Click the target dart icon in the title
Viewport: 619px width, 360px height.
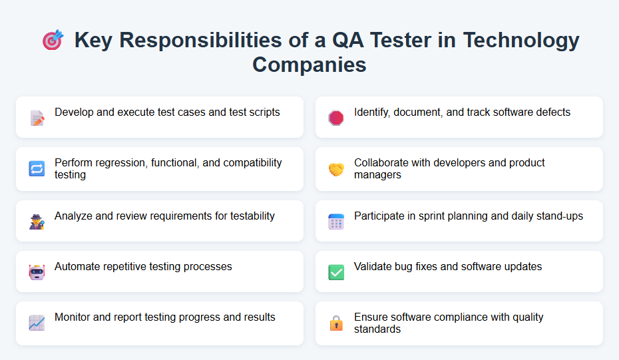tap(53, 41)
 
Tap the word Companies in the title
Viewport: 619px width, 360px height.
tap(309, 65)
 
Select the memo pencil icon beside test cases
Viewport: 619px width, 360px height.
tap(37, 118)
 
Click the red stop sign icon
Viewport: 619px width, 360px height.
tap(336, 118)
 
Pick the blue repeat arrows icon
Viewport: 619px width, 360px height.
tap(37, 169)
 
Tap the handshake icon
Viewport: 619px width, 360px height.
tap(336, 170)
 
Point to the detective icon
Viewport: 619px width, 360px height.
tap(37, 222)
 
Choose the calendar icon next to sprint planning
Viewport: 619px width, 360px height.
tap(336, 222)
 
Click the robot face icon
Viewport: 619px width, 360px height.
tap(37, 272)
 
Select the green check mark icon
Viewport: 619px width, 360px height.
tap(336, 272)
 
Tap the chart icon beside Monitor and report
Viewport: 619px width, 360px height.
tap(37, 323)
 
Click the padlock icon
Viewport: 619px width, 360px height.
tap(336, 323)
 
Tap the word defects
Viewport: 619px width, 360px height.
tap(552, 112)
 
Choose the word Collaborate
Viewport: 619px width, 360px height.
tap(383, 162)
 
